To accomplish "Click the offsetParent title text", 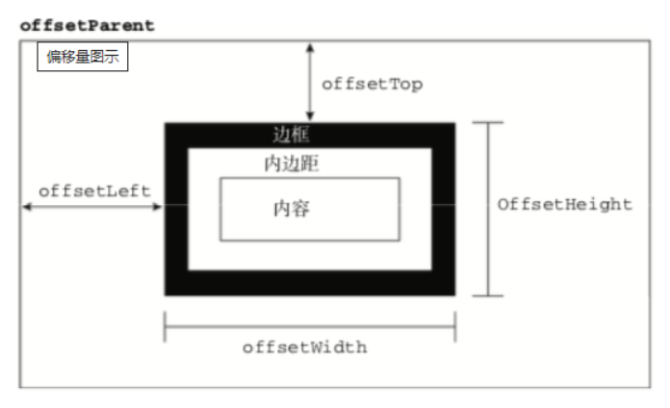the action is point(88,26).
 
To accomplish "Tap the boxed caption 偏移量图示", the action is point(83,57).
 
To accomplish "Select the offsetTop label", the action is point(373,84).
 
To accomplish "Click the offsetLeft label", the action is point(94,191).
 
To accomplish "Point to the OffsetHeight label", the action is point(564,205).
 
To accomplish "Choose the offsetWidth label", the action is point(304,347).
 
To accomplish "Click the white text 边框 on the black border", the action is point(291,135).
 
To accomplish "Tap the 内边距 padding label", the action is point(292,164).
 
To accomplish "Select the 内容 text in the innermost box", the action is point(292,209).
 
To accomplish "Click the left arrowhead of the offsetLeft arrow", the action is point(27,207).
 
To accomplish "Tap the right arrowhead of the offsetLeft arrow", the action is point(158,207).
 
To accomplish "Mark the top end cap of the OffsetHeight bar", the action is point(488,122).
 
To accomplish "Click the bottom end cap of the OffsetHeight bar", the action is point(488,295).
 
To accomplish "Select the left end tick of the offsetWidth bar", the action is point(165,327).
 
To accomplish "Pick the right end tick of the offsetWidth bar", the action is point(455,327).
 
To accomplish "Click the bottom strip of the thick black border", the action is point(310,283).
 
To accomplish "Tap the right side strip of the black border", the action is point(444,209).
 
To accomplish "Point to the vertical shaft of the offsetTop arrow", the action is point(310,82).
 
